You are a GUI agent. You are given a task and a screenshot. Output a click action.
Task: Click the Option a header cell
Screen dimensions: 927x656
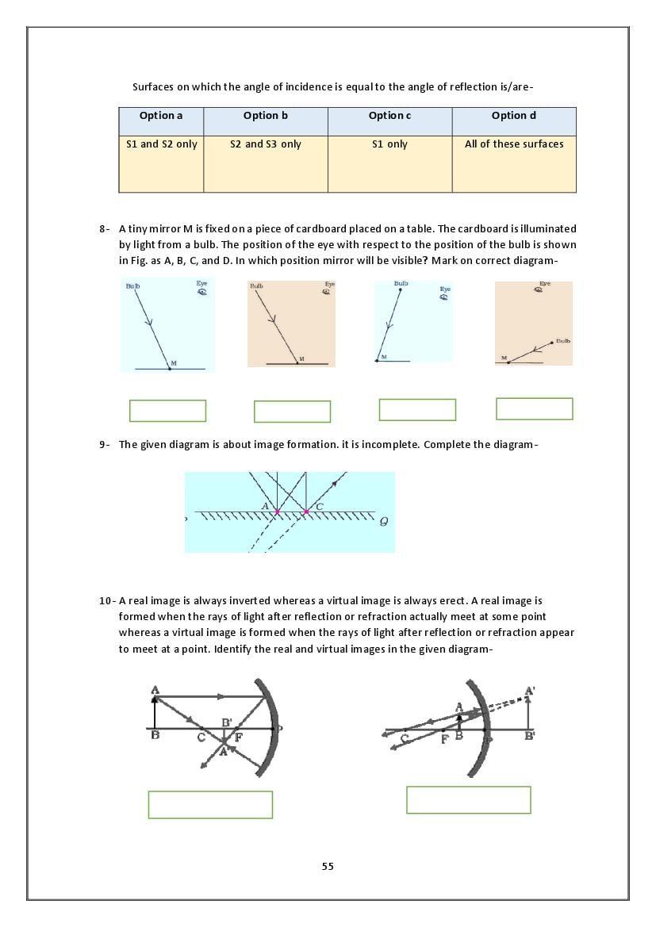(x=161, y=116)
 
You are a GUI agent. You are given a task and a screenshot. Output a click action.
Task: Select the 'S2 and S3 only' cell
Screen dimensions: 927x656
(x=266, y=144)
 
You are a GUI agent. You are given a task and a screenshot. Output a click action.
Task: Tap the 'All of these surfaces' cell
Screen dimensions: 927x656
(x=514, y=144)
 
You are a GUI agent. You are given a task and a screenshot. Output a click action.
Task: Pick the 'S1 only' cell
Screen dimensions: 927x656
(x=389, y=144)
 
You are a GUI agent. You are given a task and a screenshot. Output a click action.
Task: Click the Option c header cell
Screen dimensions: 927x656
(x=389, y=116)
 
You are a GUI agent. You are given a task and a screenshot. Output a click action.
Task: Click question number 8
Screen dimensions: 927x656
(x=104, y=229)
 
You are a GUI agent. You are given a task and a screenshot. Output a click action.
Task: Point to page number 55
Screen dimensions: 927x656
(x=328, y=866)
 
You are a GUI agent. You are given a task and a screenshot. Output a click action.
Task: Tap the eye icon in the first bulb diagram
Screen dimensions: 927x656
(x=202, y=291)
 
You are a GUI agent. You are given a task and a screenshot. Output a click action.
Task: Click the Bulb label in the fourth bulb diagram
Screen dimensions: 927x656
(x=562, y=341)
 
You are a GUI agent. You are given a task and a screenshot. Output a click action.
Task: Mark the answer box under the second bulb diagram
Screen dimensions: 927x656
(x=292, y=412)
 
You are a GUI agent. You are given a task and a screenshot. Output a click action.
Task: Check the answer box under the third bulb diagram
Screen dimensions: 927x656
(x=417, y=410)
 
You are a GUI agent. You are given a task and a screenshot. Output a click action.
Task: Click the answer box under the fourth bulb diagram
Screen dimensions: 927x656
(x=534, y=408)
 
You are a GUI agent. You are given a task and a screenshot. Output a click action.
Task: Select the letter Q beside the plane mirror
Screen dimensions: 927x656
(x=384, y=521)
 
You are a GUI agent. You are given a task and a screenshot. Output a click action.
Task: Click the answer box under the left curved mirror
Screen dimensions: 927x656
(x=210, y=804)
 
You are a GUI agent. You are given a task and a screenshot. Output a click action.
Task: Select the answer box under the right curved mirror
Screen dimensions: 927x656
(x=468, y=799)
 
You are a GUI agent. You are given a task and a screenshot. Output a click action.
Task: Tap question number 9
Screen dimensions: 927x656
(x=104, y=445)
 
